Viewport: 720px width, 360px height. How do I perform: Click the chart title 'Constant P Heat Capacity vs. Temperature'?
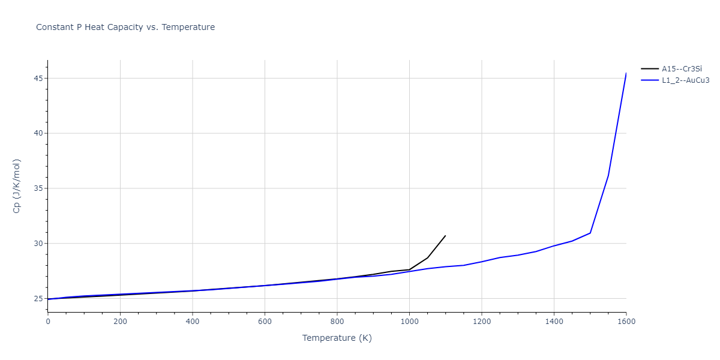[x=125, y=27]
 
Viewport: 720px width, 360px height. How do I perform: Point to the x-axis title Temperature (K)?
[x=337, y=338]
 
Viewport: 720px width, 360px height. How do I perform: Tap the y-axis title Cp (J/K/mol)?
[x=17, y=186]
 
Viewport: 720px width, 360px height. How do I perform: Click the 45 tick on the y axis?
[x=37, y=78]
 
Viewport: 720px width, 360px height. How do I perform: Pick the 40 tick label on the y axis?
[x=37, y=133]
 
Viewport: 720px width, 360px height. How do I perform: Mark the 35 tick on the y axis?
[x=37, y=188]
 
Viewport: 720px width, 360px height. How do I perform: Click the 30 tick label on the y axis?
[x=37, y=244]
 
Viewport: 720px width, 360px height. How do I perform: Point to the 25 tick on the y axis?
[x=37, y=299]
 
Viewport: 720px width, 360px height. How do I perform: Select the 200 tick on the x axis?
[x=120, y=322]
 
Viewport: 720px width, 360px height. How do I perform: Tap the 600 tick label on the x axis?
[x=265, y=322]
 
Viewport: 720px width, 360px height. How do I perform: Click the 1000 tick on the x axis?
[x=409, y=322]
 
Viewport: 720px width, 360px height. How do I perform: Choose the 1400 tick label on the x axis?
[x=554, y=322]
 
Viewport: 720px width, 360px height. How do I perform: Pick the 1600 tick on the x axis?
[x=626, y=322]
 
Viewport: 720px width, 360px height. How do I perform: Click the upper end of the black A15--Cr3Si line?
[x=445, y=236]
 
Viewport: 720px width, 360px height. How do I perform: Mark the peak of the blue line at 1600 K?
[x=626, y=73]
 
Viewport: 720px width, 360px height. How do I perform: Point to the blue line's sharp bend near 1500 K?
[x=590, y=233]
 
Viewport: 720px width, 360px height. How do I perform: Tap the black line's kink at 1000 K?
[x=409, y=269]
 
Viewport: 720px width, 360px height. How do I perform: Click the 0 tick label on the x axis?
[x=48, y=322]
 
